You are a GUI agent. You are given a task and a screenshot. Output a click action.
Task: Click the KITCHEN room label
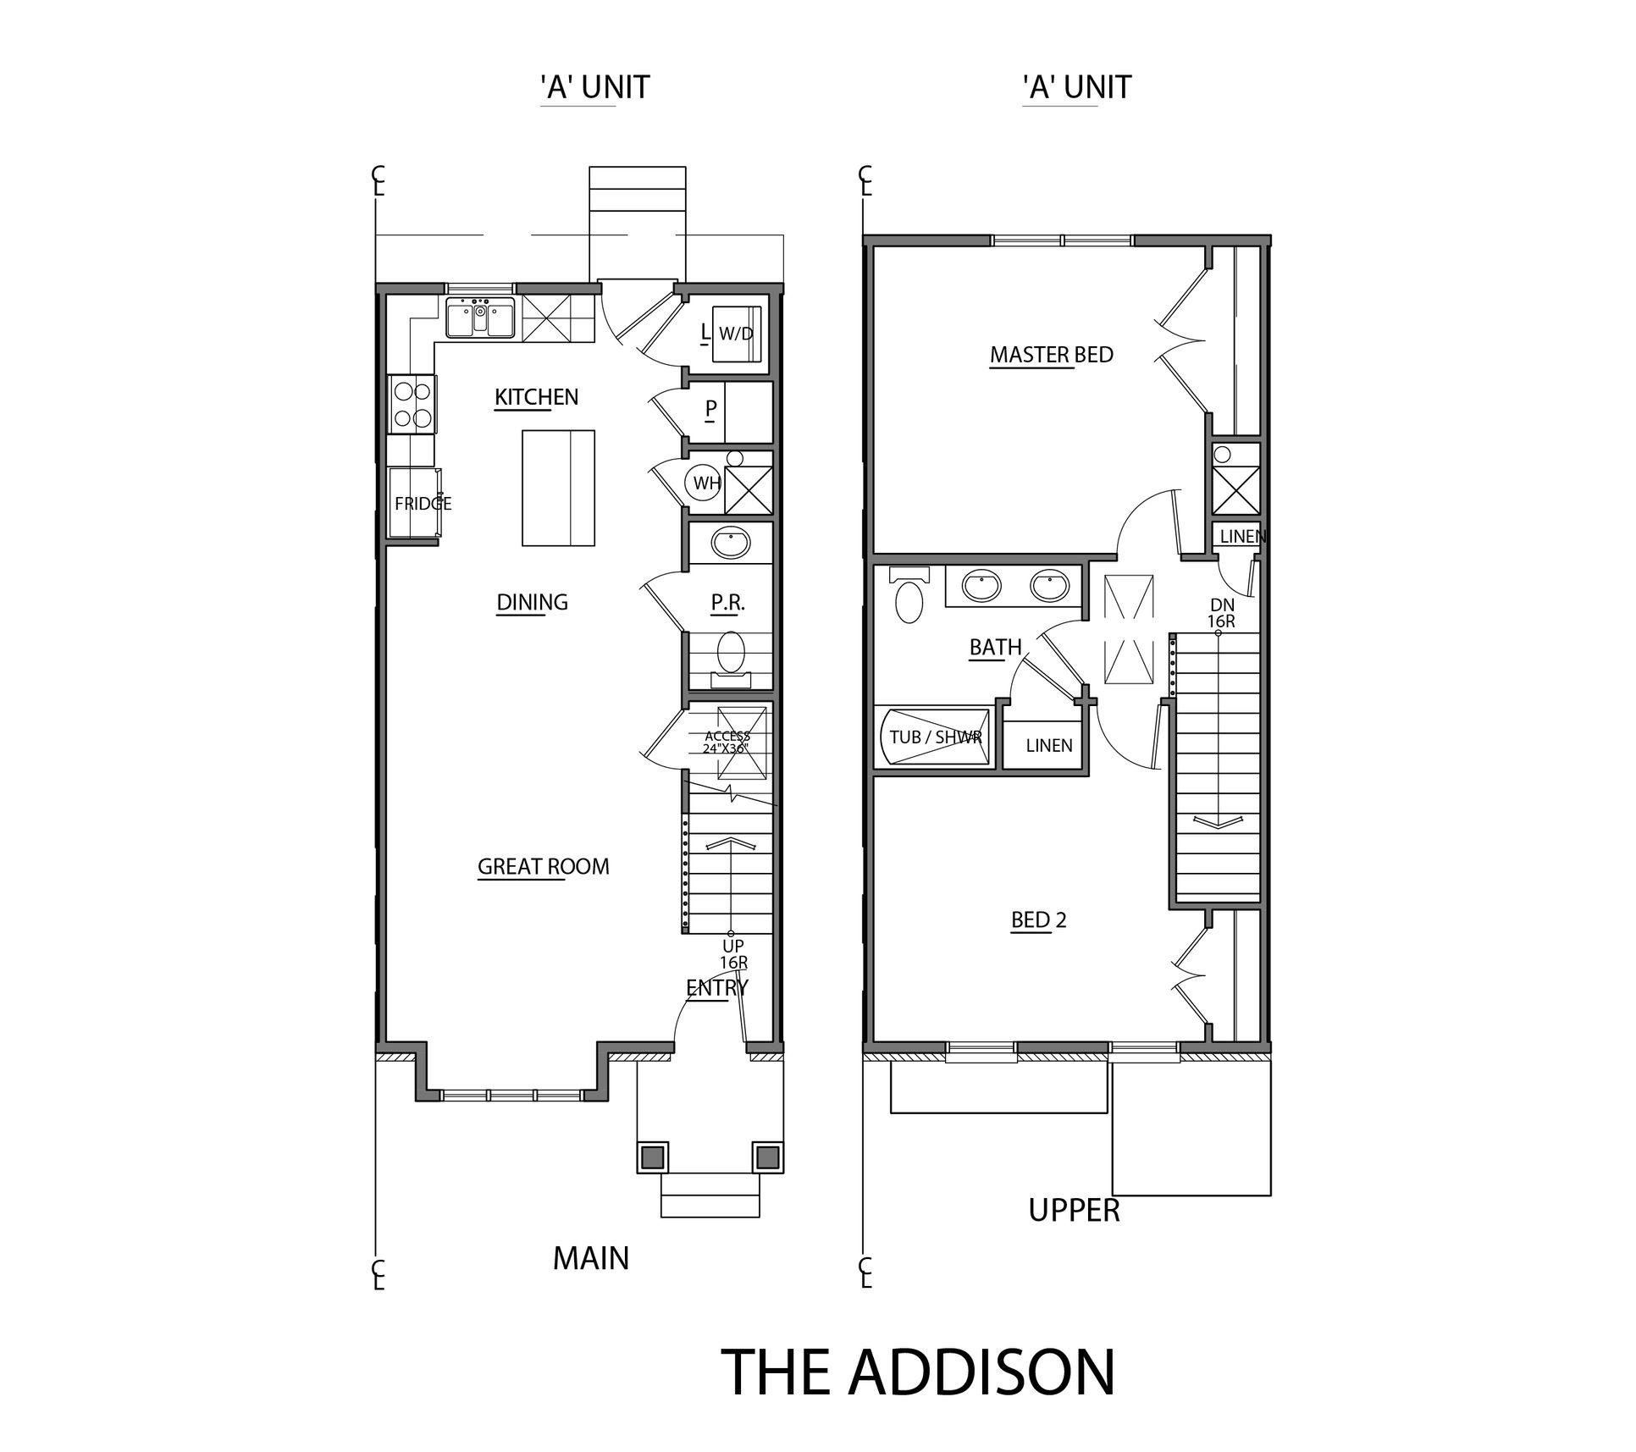536,397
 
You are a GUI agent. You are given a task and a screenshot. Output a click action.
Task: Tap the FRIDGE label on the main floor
423,504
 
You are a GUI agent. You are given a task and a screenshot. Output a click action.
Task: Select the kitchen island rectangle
557,489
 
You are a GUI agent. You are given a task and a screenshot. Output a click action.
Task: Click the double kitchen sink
480,319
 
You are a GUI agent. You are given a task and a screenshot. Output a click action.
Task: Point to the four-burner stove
412,405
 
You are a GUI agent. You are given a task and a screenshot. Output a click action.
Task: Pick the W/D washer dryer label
736,334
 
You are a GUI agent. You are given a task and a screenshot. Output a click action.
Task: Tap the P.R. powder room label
727,602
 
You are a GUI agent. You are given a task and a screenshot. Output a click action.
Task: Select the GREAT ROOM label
544,866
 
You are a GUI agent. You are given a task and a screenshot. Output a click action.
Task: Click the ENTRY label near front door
717,987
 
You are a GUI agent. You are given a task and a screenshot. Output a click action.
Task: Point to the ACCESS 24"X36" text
727,742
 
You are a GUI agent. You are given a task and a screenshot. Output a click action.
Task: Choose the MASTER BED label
1052,355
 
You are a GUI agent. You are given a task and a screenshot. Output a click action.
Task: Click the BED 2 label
1039,919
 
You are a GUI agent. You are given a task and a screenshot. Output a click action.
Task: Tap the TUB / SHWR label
935,737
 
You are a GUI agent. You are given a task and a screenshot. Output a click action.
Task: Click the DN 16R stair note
1221,613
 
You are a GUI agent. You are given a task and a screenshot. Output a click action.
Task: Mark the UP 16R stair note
733,954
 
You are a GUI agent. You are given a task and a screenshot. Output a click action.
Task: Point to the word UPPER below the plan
1074,1211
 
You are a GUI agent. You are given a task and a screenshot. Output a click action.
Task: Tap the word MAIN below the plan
591,1259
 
